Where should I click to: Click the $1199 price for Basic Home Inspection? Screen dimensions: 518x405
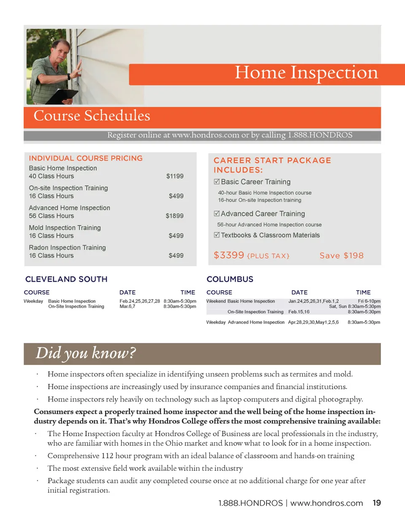tap(175, 176)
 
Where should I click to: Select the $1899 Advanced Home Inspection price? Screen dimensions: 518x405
tap(174, 216)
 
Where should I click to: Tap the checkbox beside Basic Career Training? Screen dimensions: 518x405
tap(217, 182)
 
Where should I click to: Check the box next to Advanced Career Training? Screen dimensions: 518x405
tap(217, 214)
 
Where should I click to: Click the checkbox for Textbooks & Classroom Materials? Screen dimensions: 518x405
tap(217, 235)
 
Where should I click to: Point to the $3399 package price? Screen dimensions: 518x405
tap(229, 255)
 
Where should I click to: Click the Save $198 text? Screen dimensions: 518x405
tap(341, 256)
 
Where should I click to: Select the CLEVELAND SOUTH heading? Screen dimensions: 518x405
tap(66, 279)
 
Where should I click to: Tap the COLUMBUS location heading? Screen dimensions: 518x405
tap(230, 279)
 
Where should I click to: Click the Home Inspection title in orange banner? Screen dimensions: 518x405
tap(306, 73)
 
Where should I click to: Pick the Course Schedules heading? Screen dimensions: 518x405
tap(92, 116)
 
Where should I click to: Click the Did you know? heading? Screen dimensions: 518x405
tap(86, 353)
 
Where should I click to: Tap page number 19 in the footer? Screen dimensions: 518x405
tap(377, 503)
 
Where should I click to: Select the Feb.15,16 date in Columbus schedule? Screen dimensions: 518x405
tap(299, 312)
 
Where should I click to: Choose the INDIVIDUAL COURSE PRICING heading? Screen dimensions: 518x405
tap(86, 159)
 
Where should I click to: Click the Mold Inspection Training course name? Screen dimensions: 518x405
tap(65, 228)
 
